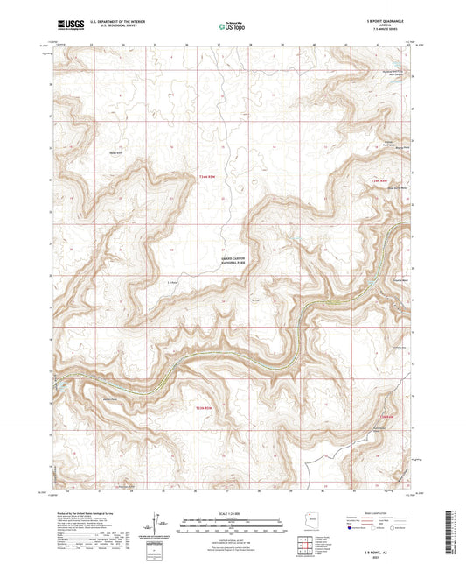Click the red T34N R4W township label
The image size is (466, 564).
pos(378,181)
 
